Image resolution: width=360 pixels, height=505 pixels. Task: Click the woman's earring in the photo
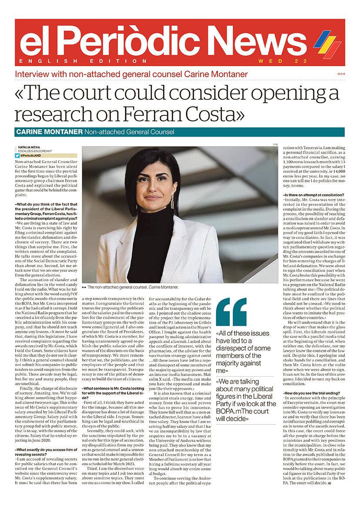(x=173, y=201)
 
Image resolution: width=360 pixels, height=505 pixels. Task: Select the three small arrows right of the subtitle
(x=341, y=74)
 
